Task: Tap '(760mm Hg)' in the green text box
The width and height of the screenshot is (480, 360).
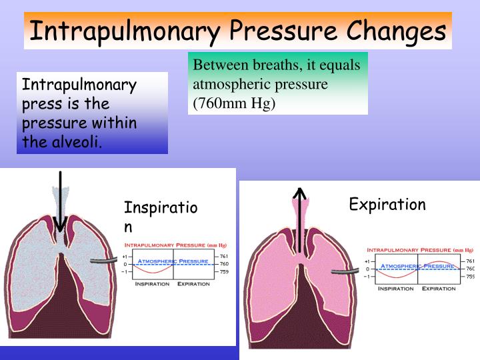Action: tap(234, 103)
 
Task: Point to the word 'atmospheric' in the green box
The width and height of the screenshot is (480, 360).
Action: tap(226, 85)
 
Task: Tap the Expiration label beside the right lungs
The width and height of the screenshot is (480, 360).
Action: tap(387, 204)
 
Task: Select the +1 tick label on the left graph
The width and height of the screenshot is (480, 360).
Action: tap(125, 256)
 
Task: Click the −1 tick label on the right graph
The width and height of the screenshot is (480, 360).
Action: tap(367, 277)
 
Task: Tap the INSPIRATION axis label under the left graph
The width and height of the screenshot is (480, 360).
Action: tap(152, 284)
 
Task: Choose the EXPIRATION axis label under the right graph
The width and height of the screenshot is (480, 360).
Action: tap(438, 289)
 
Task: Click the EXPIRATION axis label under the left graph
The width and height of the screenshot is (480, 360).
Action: tap(193, 284)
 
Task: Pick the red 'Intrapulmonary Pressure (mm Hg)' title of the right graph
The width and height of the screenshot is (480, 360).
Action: tap(419, 250)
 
